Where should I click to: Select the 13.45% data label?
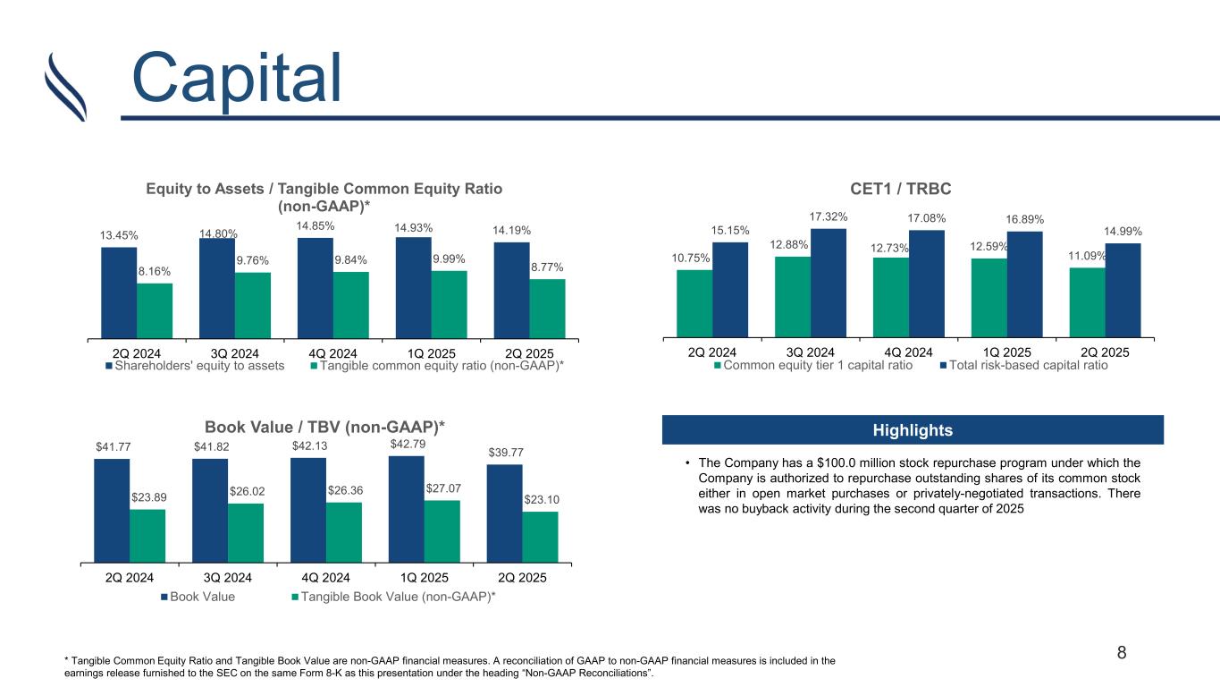119,235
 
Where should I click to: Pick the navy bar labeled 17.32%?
829,283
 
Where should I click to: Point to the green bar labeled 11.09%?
1088,301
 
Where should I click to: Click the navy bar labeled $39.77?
504,513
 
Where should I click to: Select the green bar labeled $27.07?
442,530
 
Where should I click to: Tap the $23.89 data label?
147,497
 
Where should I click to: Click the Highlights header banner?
913,430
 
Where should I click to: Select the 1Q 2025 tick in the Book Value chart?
424,577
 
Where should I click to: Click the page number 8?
1122,652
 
